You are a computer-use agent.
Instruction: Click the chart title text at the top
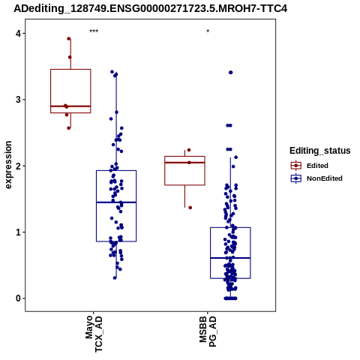(150, 9)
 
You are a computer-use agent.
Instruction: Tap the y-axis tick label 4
(18, 33)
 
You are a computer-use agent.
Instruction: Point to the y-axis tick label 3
(18, 100)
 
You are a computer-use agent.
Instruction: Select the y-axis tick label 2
(18, 166)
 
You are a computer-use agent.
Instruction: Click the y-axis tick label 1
(18, 232)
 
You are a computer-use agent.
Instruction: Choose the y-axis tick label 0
(18, 298)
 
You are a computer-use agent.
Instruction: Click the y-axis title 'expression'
(8, 165)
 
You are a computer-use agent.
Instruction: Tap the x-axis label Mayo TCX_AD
(94, 334)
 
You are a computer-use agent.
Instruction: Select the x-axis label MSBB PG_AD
(208, 331)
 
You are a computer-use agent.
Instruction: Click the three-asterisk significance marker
(94, 31)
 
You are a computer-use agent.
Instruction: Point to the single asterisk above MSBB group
(208, 31)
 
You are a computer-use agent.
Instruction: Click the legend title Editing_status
(320, 151)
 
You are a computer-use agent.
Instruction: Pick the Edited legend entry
(317, 166)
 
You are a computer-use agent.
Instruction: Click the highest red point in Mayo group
(69, 38)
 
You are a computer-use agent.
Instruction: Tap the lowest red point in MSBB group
(190, 208)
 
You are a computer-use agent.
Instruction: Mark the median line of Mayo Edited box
(70, 106)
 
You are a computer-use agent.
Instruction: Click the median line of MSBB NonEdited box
(230, 258)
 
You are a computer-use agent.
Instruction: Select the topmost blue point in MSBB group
(231, 73)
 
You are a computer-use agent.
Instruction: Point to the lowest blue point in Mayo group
(115, 277)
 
